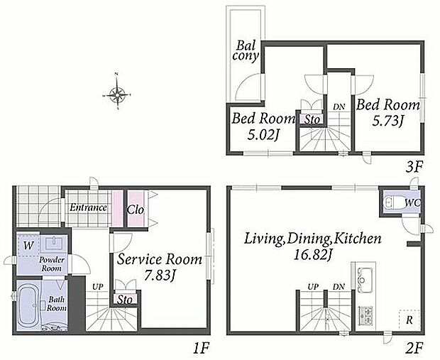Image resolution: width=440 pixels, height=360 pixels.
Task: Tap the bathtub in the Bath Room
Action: [28, 306]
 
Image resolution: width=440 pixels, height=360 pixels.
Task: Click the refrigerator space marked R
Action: [409, 320]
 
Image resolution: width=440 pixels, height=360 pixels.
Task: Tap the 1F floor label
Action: [201, 349]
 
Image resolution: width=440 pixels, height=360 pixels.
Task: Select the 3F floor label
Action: [414, 168]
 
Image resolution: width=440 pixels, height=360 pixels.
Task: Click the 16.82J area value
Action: [312, 255]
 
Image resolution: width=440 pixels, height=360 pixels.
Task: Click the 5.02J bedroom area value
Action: [263, 135]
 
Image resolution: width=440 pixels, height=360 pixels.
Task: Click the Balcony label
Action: [246, 50]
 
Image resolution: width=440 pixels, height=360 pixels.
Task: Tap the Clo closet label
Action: [136, 209]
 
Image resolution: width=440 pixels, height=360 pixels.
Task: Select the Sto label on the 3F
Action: [312, 120]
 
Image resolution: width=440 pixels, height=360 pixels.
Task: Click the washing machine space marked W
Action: [28, 246]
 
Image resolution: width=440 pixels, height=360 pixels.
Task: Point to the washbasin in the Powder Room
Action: [54, 243]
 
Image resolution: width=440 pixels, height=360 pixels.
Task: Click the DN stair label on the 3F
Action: [339, 107]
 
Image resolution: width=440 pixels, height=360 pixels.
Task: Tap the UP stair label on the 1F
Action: [98, 287]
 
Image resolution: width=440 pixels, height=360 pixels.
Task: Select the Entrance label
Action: [88, 207]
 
